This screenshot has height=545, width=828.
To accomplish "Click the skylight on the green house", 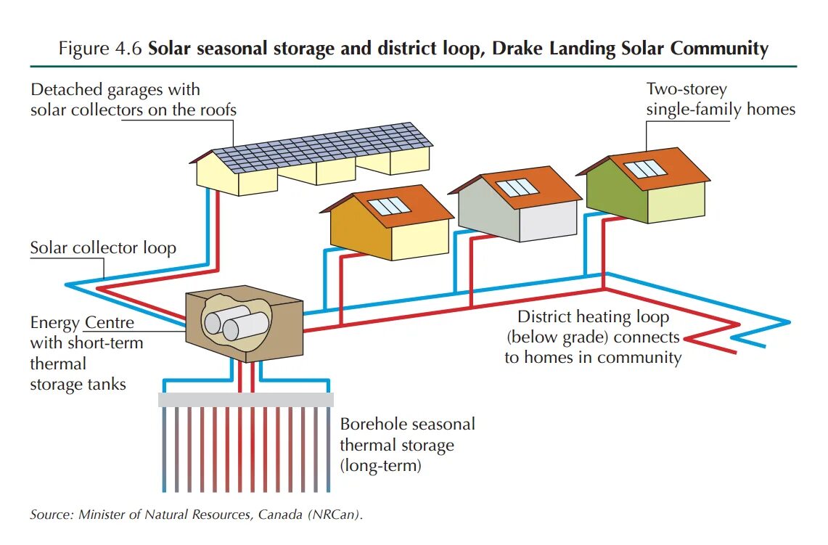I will pyautogui.click(x=645, y=169).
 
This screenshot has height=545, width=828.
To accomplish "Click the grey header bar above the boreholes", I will pyautogui.click(x=245, y=400).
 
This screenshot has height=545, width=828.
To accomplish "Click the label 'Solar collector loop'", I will pyautogui.click(x=103, y=248).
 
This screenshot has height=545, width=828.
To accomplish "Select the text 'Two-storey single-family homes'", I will pyautogui.click(x=721, y=99).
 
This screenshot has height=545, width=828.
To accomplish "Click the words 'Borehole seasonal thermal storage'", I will pyautogui.click(x=407, y=434).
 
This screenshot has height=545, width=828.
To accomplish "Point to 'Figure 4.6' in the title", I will pyautogui.click(x=101, y=49).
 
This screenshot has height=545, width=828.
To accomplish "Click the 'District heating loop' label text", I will pyautogui.click(x=593, y=317).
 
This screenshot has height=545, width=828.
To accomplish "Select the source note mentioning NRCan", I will pyautogui.click(x=196, y=515).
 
